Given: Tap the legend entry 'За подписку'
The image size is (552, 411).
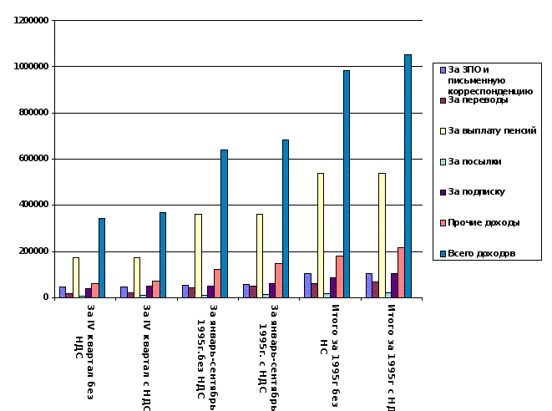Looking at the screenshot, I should [476, 191].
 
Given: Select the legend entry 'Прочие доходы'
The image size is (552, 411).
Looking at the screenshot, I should [484, 222].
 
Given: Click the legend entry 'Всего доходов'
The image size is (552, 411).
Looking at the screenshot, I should [481, 253].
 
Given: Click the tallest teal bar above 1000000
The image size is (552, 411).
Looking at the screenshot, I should [408, 175].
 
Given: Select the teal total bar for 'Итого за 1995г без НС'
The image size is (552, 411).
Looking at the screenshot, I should [347, 184].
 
